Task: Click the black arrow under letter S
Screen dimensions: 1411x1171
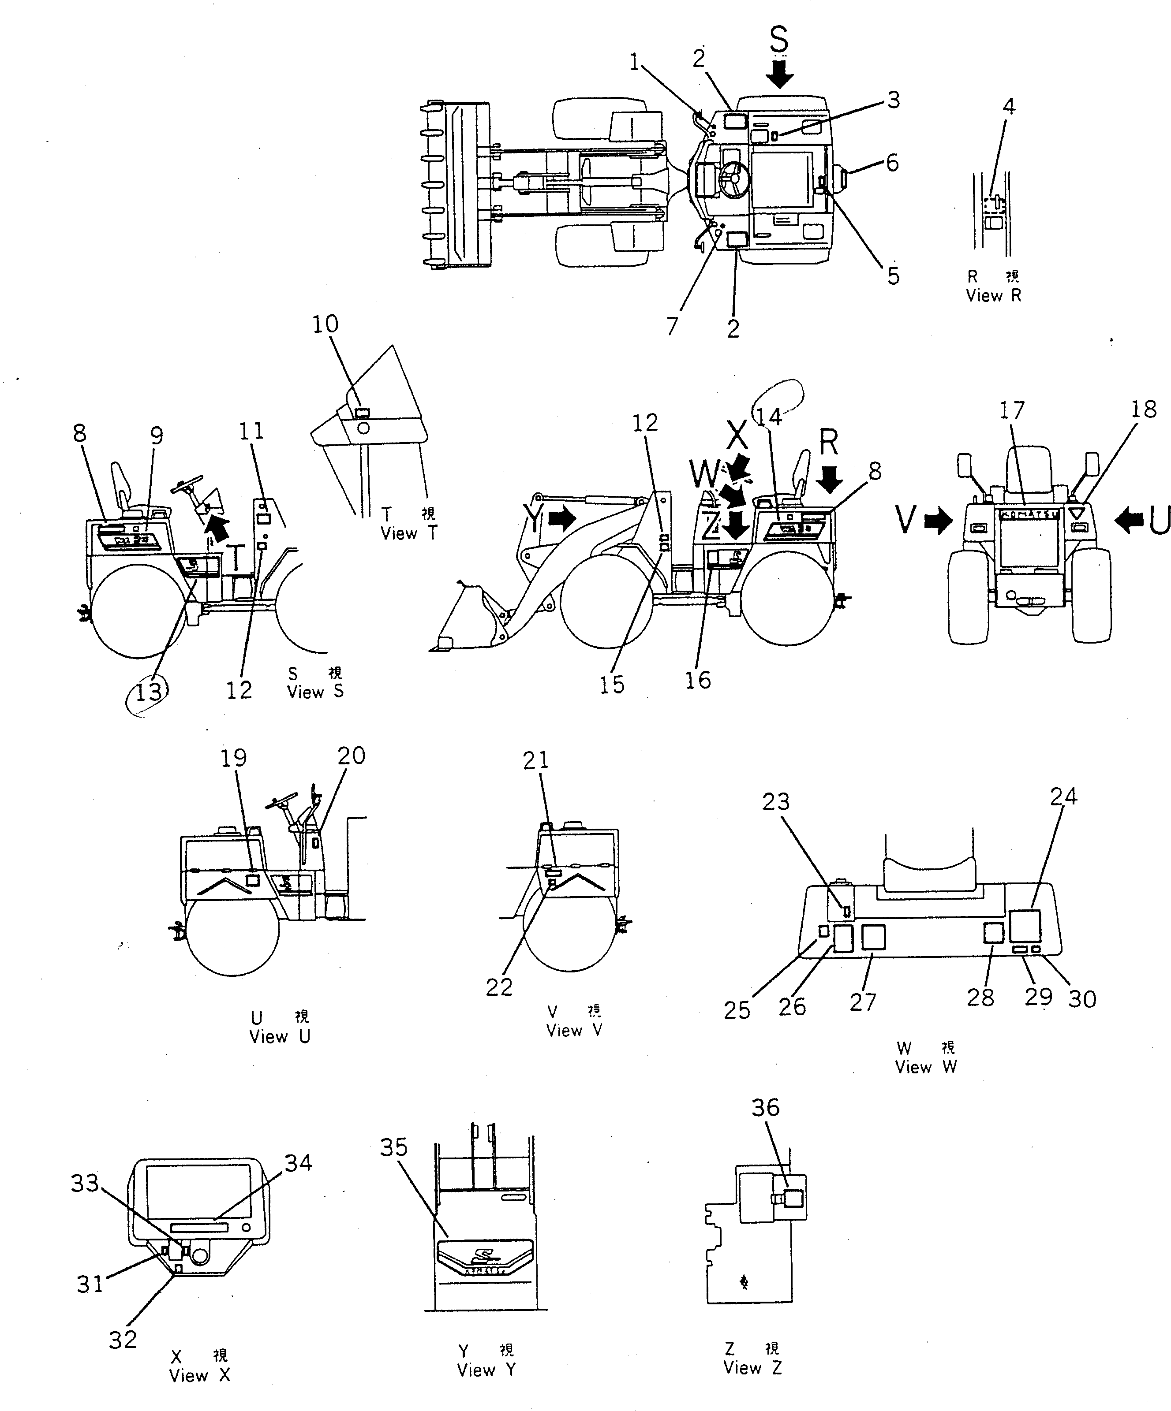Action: (x=779, y=74)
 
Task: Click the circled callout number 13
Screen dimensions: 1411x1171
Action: (x=149, y=691)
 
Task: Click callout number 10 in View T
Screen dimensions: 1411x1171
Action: (x=325, y=324)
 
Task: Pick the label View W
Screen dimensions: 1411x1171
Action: (x=926, y=1067)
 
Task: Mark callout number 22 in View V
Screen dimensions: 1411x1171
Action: (x=499, y=987)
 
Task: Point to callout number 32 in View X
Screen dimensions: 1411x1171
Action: (x=123, y=1339)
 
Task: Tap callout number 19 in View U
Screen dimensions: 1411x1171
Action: (x=234, y=758)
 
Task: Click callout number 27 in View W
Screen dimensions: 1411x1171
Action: (x=862, y=1002)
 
